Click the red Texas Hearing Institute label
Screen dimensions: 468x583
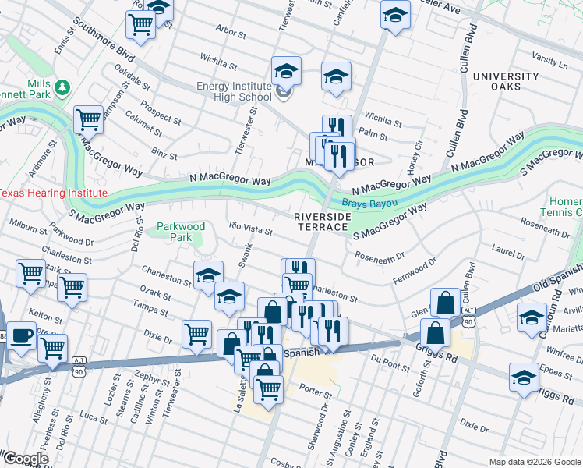point(53,193)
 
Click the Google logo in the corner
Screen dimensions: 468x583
point(26,458)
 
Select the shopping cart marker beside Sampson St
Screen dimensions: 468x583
point(88,120)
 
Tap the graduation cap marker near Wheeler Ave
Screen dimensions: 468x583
point(395,15)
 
